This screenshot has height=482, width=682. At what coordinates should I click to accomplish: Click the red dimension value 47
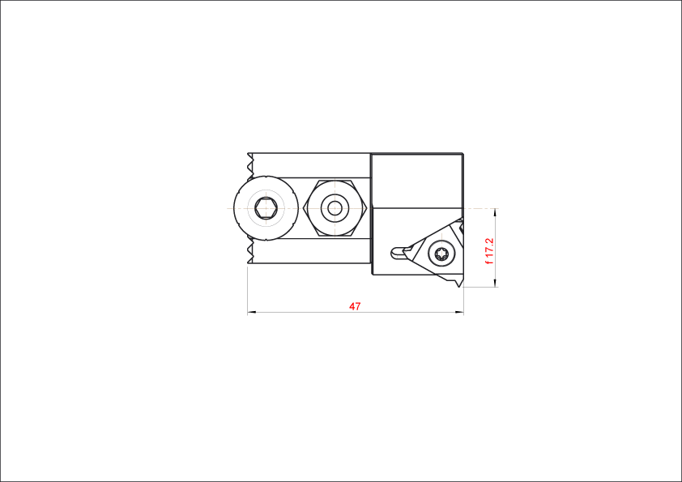pos(355,306)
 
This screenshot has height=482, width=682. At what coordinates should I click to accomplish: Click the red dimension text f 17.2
pos(489,251)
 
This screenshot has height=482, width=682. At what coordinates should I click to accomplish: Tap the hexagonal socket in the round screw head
pos(266,208)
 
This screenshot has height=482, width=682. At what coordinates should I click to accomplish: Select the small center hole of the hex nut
pos(335,208)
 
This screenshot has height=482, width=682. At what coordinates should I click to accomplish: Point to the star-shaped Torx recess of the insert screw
pos(442,254)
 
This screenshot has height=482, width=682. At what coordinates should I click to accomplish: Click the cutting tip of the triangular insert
pos(460,286)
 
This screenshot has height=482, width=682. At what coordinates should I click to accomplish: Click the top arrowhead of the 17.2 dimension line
pos(495,213)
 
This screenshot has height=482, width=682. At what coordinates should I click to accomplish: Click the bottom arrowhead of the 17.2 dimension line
pos(495,283)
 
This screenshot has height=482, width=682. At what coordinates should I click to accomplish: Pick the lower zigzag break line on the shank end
pos(249,251)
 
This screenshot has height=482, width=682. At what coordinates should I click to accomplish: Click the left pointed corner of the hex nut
pos(304,208)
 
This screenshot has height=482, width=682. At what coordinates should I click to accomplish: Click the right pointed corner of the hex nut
pos(367,208)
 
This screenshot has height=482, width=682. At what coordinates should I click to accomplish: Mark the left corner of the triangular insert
pos(404,250)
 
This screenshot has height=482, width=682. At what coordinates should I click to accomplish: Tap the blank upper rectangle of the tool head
pos(417,181)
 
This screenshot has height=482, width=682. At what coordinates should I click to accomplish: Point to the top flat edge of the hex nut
pos(335,180)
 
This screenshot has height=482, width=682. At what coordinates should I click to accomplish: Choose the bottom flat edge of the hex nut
pos(335,236)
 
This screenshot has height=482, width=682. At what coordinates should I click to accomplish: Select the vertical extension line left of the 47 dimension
pos(248,290)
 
